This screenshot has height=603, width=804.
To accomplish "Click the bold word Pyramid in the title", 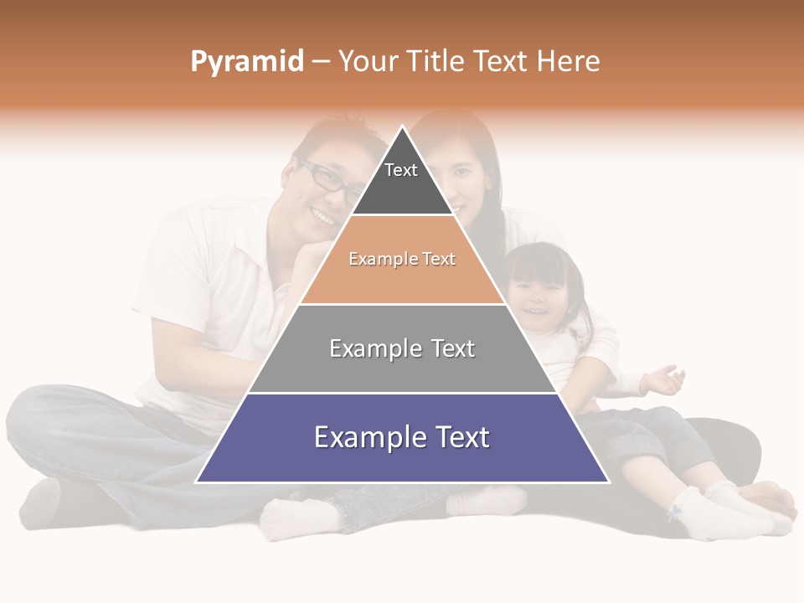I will (246, 62).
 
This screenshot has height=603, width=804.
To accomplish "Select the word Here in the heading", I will (568, 62).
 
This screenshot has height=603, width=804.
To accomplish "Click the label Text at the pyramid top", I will (400, 170).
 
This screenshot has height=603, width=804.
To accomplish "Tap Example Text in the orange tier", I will (402, 259).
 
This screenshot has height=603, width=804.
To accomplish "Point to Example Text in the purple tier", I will (402, 437).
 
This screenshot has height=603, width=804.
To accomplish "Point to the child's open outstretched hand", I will (666, 379).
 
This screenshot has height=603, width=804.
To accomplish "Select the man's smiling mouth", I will (322, 215).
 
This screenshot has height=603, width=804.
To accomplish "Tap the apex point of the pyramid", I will (403, 127).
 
